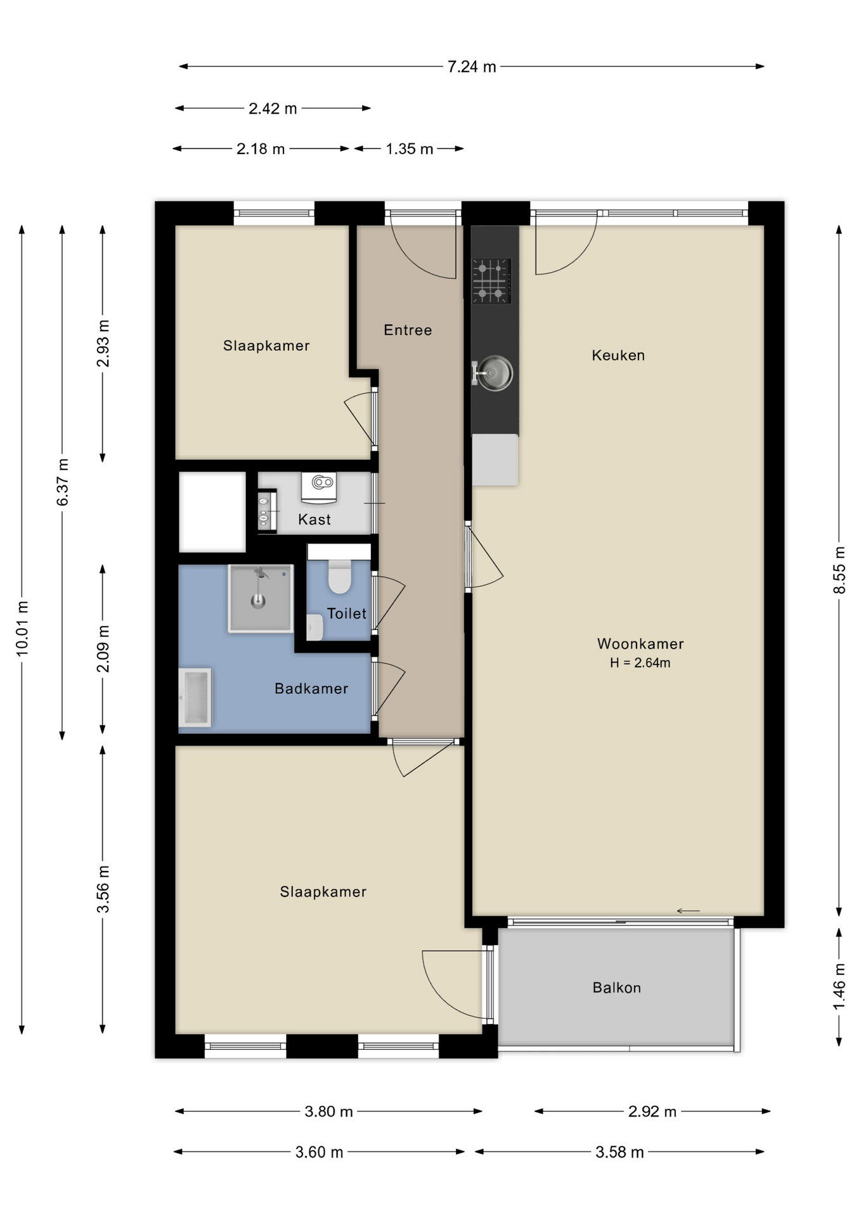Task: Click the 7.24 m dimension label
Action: click(x=472, y=67)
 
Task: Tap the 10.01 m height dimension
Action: click(x=22, y=627)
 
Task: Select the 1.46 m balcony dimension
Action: click(x=839, y=986)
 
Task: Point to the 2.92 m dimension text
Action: click(x=652, y=1111)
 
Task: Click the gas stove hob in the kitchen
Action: click(x=491, y=280)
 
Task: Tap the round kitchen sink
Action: click(x=493, y=373)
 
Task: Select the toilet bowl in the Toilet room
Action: click(x=340, y=575)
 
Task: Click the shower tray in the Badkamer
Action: click(x=261, y=599)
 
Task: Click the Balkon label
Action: click(x=617, y=988)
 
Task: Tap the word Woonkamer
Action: click(x=640, y=644)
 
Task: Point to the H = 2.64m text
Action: click(x=640, y=663)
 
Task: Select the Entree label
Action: click(x=408, y=330)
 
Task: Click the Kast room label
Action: click(x=314, y=520)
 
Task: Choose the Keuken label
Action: click(x=618, y=355)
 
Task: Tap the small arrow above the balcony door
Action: click(x=688, y=911)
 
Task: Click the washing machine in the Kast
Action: click(x=319, y=486)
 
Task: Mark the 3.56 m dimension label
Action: click(x=103, y=889)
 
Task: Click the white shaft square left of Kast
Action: click(x=212, y=512)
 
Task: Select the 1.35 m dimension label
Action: click(x=410, y=149)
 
